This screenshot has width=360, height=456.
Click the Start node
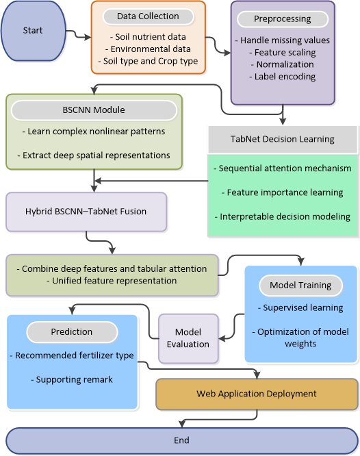pyautogui.click(x=33, y=31)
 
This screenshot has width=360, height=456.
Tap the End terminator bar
pyautogui.click(x=182, y=440)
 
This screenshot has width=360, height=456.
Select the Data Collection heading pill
pyautogui.click(x=149, y=16)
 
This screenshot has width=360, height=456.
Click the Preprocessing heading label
pyautogui.click(x=283, y=19)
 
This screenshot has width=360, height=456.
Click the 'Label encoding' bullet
pyautogui.click(x=283, y=77)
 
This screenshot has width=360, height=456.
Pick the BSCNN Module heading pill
pyautogui.click(x=94, y=110)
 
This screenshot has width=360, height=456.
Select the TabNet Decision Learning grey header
pyautogui.click(x=283, y=139)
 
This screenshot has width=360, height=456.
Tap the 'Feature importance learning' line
pyautogui.click(x=283, y=192)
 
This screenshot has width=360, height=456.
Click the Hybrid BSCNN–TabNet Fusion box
pyautogui.click(x=86, y=212)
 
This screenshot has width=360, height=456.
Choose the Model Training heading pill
pyautogui.click(x=300, y=286)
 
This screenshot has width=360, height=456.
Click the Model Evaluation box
pyautogui.click(x=188, y=338)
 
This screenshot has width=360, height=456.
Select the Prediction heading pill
pyautogui.click(x=72, y=332)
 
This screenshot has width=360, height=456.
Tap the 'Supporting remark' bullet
pyautogui.click(x=72, y=380)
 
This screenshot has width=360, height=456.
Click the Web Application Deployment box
pyautogui.click(x=257, y=394)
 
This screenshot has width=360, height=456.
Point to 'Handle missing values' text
pyautogui.click(x=285, y=40)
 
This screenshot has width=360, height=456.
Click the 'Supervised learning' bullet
pyautogui.click(x=300, y=308)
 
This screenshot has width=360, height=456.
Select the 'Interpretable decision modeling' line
pyautogui.click(x=283, y=217)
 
